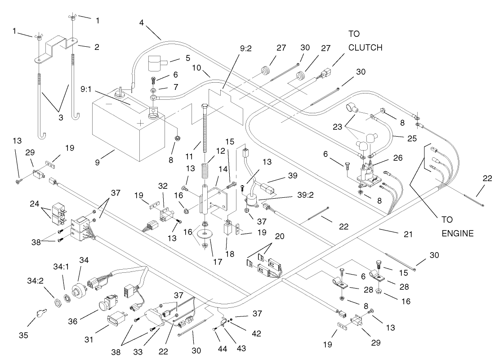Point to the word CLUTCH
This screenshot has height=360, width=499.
pyautogui.click(x=365, y=48)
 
